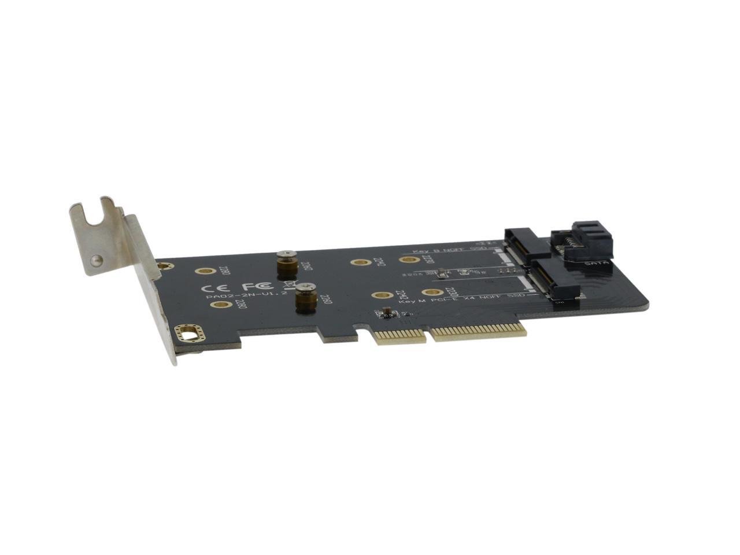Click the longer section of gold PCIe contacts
tap(479, 332)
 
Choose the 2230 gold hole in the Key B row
tap(409, 260)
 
